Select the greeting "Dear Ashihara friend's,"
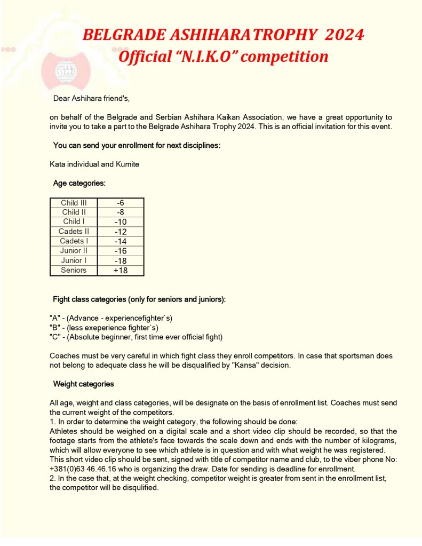tap(91, 98)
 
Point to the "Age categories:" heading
tap(79, 183)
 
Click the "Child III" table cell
tap(74, 203)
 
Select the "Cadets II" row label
tap(74, 232)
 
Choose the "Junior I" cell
tap(74, 260)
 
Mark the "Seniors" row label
tap(74, 270)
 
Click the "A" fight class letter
tap(54, 318)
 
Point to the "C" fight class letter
tap(54, 337)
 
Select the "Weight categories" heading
tap(83, 384)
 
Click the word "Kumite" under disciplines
tap(125, 164)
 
